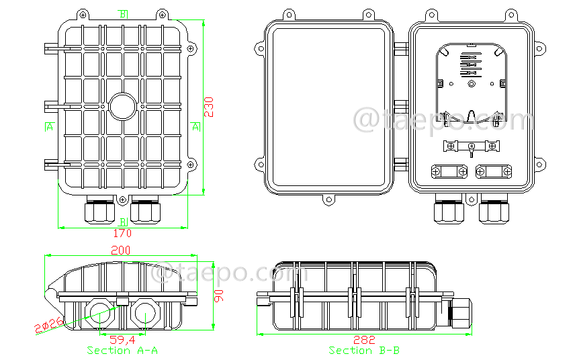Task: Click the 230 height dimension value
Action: tap(210, 107)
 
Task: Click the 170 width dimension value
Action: tap(122, 234)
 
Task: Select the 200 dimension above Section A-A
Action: tap(121, 250)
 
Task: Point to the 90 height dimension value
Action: tap(219, 296)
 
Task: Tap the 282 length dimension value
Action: tap(365, 340)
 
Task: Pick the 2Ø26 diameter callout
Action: tap(48, 324)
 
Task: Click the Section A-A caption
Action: tap(122, 351)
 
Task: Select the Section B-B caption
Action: tap(365, 351)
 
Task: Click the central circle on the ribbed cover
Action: tap(122, 106)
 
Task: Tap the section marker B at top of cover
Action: tap(122, 14)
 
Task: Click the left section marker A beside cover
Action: tap(49, 127)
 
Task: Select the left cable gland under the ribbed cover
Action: tap(98, 210)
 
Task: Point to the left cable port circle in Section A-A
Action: tap(99, 313)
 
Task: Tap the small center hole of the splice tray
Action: tap(472, 84)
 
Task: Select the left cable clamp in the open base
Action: tap(450, 172)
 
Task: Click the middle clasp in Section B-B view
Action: tap(352, 298)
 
